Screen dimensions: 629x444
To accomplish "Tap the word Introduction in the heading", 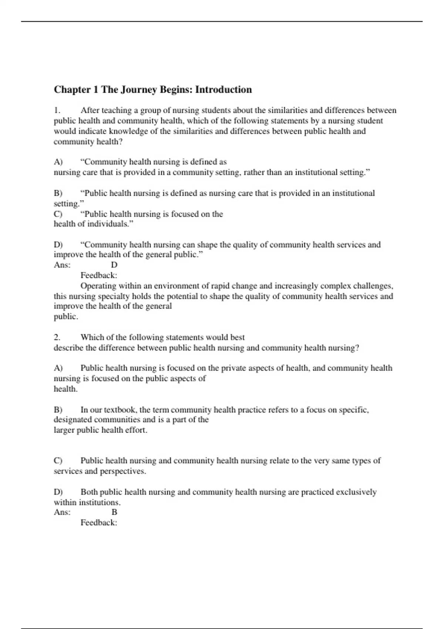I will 223,90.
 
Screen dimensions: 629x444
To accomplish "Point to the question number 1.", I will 57,110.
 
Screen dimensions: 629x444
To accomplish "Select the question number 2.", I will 57,337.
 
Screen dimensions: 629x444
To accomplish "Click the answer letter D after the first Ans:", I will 114,265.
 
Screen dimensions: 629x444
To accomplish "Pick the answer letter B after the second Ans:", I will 114,512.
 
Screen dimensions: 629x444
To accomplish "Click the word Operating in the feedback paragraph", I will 98,286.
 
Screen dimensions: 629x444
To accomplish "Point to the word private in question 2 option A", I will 233,368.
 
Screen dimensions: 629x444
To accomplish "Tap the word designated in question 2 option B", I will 73,420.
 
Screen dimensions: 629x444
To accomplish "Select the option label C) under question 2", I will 58,461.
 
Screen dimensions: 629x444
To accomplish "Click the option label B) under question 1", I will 58,193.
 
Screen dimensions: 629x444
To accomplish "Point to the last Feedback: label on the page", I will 99,523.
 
